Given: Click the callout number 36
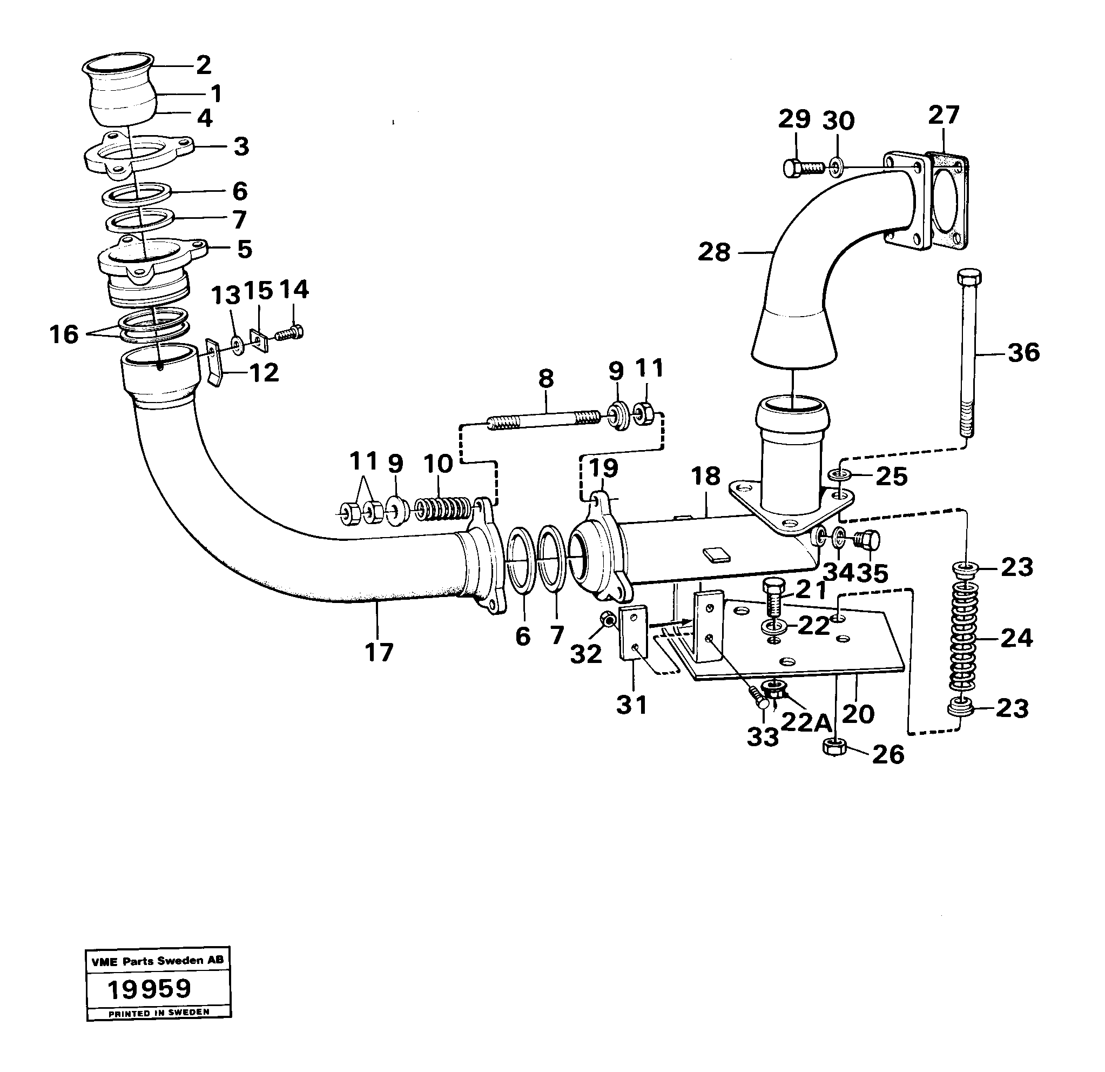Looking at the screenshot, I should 1023,353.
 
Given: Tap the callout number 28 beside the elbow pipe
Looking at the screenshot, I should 714,252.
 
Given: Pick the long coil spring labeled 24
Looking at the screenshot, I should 965,639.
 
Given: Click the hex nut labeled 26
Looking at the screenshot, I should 833,748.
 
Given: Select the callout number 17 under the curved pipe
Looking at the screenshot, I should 378,653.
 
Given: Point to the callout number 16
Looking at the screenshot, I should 64,334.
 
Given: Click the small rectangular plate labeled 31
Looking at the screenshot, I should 634,633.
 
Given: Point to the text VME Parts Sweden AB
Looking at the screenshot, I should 157,961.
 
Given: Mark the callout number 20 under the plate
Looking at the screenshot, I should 858,714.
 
